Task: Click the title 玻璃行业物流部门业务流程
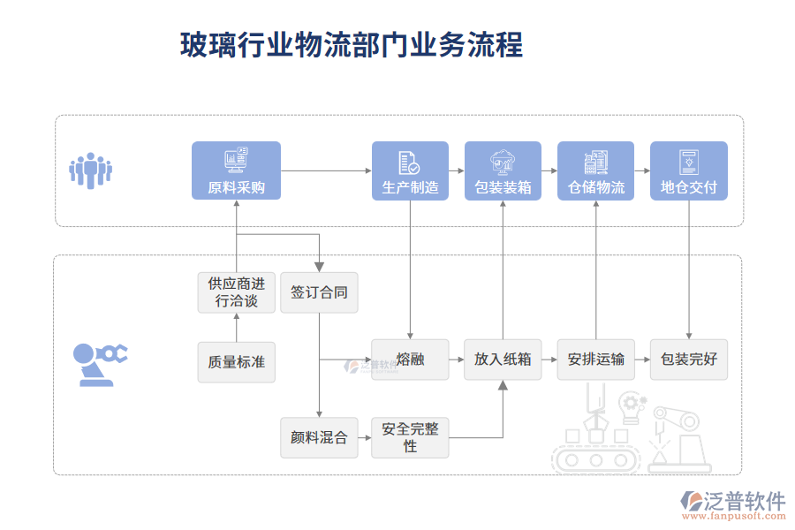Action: (x=352, y=44)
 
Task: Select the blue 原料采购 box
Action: (x=236, y=170)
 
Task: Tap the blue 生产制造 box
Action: (x=410, y=170)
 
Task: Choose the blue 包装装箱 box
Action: (x=503, y=170)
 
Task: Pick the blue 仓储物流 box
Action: (x=595, y=170)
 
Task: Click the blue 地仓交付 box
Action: (x=689, y=170)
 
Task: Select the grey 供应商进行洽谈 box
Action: (x=236, y=292)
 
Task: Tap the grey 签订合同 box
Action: (x=319, y=292)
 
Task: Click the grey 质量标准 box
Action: (x=236, y=361)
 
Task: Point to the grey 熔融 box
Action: (x=410, y=360)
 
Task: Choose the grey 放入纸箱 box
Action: (x=503, y=360)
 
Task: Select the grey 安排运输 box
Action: (x=595, y=360)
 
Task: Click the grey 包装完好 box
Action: (x=689, y=360)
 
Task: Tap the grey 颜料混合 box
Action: (x=319, y=437)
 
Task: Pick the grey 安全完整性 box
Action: (x=410, y=437)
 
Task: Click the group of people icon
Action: (x=90, y=170)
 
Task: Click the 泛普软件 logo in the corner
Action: (x=732, y=505)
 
